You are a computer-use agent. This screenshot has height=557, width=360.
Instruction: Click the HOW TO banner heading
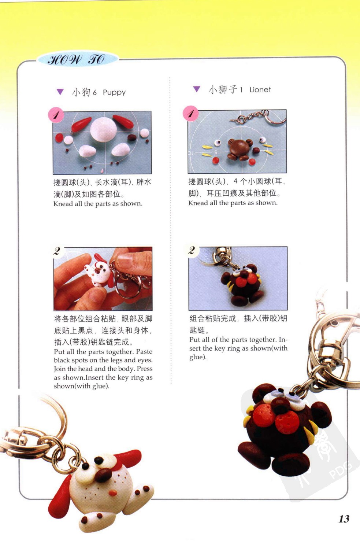[x=76, y=60]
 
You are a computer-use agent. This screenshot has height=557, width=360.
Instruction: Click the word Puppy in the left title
[x=114, y=93]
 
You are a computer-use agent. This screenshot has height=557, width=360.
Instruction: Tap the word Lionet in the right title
[x=260, y=89]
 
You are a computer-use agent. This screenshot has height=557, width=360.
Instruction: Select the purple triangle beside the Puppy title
[x=60, y=92]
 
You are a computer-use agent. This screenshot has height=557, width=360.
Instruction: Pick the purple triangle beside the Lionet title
[x=197, y=89]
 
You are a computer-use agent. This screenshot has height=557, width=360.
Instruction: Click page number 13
[x=344, y=519]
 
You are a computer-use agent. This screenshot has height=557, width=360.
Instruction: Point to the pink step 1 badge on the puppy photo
[x=56, y=115]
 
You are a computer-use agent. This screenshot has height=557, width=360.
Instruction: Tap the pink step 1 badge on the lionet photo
[x=190, y=113]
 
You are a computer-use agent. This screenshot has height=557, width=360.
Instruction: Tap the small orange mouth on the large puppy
[x=113, y=493]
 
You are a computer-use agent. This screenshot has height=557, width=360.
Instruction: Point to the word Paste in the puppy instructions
[x=144, y=352]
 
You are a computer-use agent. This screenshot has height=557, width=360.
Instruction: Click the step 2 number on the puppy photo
[x=57, y=251]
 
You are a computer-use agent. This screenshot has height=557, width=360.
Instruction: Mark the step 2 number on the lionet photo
[x=192, y=250]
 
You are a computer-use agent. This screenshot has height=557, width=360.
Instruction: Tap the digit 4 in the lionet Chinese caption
[x=235, y=181]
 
